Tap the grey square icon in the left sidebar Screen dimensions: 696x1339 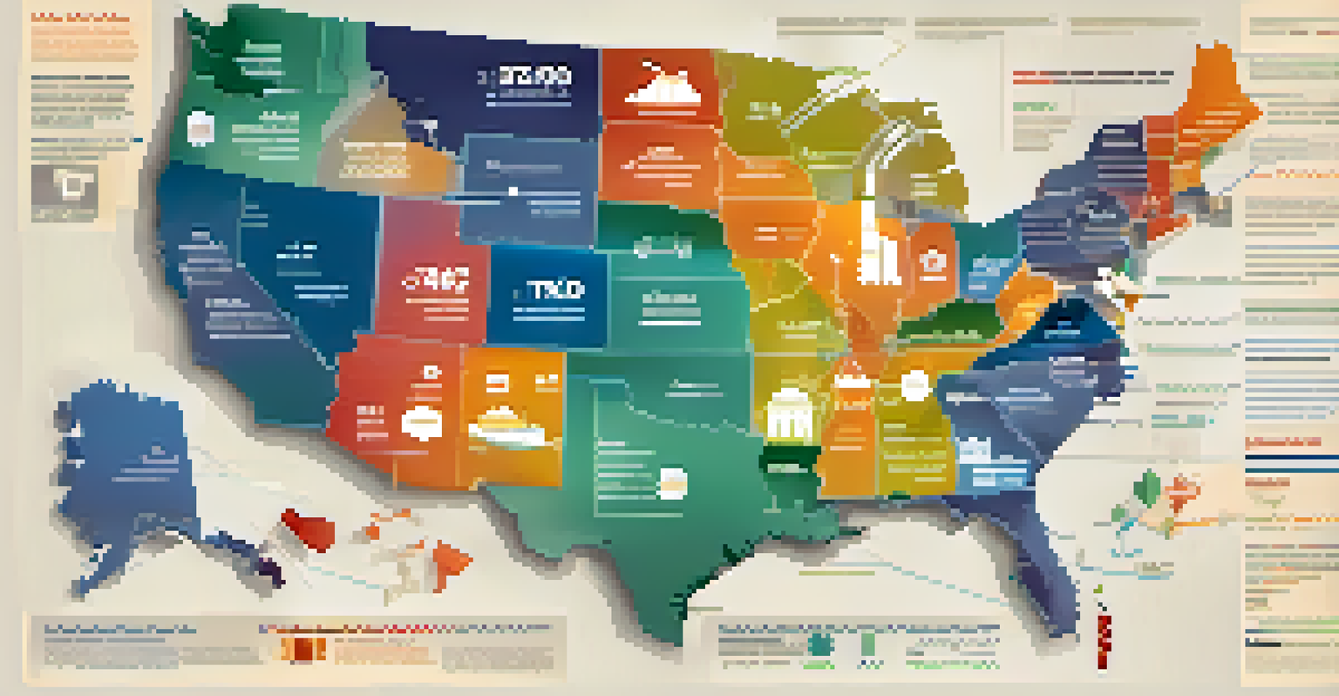pos(65,188)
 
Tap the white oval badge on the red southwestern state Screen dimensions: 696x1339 pos(421,422)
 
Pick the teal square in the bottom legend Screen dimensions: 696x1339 pos(819,645)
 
